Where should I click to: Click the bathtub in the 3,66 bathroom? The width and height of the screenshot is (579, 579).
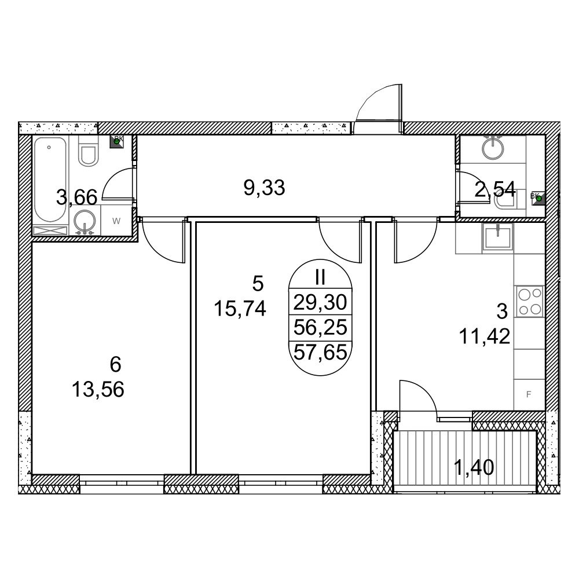pyautogui.click(x=50, y=180)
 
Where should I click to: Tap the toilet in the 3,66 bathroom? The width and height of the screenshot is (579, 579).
pyautogui.click(x=88, y=151)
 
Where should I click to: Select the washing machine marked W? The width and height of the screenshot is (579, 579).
pyautogui.click(x=116, y=221)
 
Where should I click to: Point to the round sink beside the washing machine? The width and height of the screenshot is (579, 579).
pyautogui.click(x=85, y=222)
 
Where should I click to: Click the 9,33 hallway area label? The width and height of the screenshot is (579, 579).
pyautogui.click(x=265, y=188)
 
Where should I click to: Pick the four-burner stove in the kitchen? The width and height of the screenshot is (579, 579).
pyautogui.click(x=530, y=301)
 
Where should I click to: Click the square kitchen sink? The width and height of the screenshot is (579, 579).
pyautogui.click(x=498, y=238)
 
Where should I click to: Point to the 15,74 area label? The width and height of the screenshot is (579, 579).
pyautogui.click(x=240, y=309)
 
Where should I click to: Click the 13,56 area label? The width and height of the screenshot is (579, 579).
pyautogui.click(x=98, y=390)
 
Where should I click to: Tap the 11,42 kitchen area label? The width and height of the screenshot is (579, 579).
pyautogui.click(x=485, y=336)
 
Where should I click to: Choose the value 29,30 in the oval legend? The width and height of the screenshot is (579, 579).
pyautogui.click(x=320, y=302)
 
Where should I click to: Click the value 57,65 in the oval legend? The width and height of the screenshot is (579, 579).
pyautogui.click(x=320, y=352)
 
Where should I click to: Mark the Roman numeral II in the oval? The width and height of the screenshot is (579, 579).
pyautogui.click(x=320, y=277)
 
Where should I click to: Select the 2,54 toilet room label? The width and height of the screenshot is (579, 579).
pyautogui.click(x=494, y=189)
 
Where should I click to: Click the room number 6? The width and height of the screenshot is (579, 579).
pyautogui.click(x=116, y=364)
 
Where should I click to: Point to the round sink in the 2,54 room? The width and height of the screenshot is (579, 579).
pyautogui.click(x=493, y=147)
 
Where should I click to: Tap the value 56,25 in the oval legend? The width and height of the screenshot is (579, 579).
pyautogui.click(x=320, y=327)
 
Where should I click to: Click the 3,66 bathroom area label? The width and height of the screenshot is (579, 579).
pyautogui.click(x=77, y=197)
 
